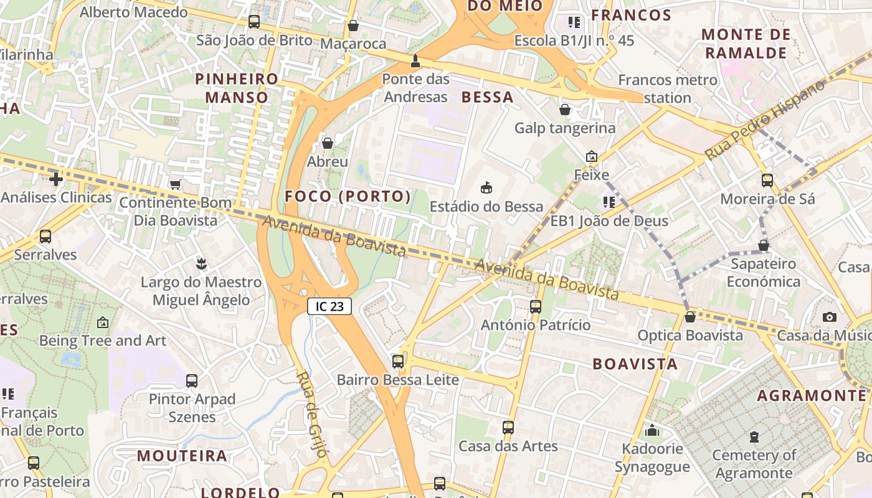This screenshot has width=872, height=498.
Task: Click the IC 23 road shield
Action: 329,306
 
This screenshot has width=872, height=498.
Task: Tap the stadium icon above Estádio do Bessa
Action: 486,187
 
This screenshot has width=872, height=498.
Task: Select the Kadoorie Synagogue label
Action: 652,458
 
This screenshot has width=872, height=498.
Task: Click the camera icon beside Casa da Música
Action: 829,317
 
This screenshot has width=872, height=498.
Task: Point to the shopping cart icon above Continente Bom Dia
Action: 176,184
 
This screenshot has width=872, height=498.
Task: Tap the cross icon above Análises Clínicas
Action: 56,180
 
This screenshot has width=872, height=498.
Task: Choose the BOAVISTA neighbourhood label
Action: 635,364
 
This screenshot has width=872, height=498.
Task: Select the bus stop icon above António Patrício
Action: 536,306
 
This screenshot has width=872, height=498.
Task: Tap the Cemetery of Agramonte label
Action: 754,464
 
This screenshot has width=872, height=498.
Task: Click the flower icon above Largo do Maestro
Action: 201,263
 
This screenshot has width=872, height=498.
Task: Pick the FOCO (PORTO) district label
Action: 348,197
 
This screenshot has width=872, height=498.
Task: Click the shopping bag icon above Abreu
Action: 328,143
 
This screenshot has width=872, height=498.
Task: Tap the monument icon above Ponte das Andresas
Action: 415,61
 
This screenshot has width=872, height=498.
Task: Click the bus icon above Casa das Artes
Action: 508,428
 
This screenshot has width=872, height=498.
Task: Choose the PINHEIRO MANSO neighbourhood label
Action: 237,88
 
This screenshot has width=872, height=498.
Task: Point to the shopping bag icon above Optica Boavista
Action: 690,317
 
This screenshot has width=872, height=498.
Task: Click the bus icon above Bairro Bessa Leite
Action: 397,361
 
